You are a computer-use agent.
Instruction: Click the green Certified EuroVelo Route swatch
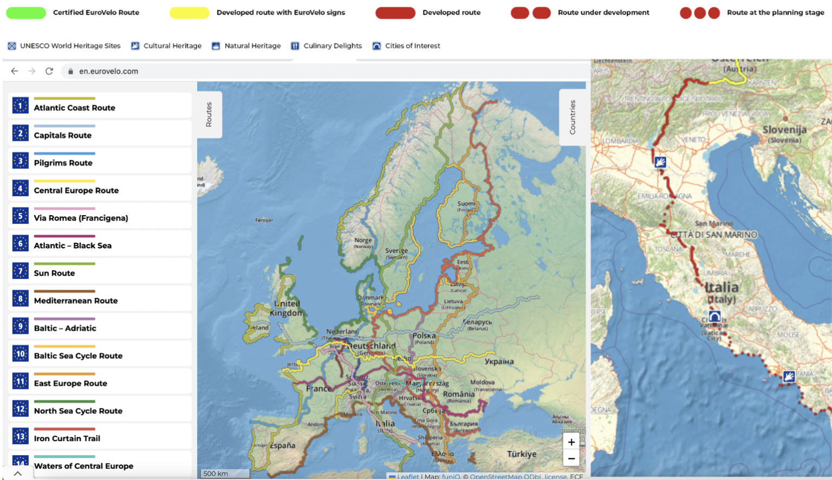coord(26,13)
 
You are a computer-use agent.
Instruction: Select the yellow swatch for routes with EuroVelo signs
coord(189,13)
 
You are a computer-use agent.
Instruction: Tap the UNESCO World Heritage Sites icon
coord(12,46)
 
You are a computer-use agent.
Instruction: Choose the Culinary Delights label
coord(332,46)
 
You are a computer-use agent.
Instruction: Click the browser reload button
coord(49,71)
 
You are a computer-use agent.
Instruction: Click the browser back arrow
coord(15,71)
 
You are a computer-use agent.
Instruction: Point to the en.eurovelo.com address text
coord(108,71)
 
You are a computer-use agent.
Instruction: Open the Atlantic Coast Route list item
coord(74,107)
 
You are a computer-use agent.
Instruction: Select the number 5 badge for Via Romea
coord(21,216)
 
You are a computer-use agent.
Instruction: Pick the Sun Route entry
coord(54,273)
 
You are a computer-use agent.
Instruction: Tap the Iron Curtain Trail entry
coord(67,438)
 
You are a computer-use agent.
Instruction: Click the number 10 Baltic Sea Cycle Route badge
coord(21,354)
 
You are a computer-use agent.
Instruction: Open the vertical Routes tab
coord(209,114)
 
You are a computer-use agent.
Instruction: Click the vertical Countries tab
coord(572,117)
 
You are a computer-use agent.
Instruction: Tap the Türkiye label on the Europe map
coord(522,454)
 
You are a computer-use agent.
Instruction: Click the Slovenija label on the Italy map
coord(784,130)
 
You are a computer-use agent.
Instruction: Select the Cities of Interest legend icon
coord(376,46)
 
